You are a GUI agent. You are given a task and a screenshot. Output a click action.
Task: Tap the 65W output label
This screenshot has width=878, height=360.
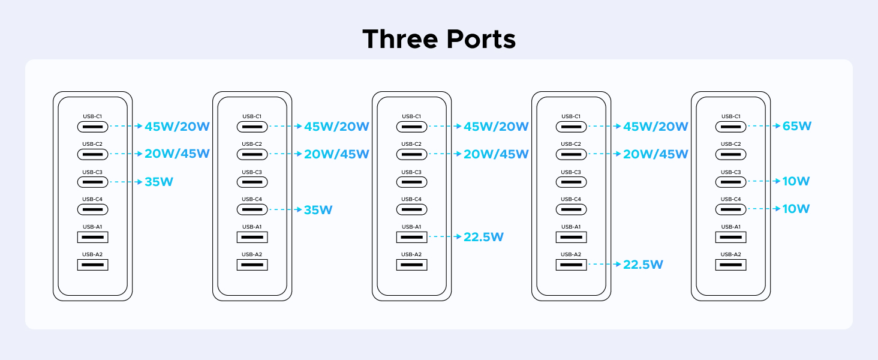pos(796,127)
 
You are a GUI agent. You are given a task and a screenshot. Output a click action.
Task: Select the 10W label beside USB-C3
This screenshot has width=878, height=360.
pos(796,182)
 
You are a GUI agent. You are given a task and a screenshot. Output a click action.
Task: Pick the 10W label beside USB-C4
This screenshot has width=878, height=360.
pos(796,209)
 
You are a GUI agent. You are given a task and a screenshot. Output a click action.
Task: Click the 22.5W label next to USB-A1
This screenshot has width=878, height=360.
pos(483,237)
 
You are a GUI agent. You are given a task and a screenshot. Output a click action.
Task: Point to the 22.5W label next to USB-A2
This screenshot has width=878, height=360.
pos(643,265)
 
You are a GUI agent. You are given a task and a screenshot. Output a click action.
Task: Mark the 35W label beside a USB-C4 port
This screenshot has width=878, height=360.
pos(318,210)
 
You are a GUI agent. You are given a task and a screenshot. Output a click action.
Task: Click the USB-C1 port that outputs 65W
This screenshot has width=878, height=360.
pos(730,127)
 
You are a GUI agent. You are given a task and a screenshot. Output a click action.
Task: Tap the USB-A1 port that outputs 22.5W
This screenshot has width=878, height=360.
pos(411,237)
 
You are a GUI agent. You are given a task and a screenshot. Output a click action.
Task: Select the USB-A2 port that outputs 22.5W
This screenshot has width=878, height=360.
pos(571,265)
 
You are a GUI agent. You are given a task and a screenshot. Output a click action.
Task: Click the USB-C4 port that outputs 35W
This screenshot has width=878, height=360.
pos(252,209)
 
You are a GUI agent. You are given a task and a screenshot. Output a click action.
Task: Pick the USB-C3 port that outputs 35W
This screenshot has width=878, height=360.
pos(92,182)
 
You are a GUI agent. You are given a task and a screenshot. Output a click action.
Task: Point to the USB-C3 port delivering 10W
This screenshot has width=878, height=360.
pos(730,182)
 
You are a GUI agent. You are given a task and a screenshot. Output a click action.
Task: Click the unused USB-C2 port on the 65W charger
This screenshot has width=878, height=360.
pos(730,154)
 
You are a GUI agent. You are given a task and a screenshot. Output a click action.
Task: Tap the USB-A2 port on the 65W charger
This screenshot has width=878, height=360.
pos(730,265)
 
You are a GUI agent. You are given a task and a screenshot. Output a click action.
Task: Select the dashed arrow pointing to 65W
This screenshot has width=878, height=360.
pos(763,127)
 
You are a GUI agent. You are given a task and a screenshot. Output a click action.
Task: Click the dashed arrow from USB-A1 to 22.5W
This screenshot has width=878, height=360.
pos(444,237)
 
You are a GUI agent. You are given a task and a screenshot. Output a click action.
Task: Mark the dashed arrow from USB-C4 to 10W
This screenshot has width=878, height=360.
pos(763,209)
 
